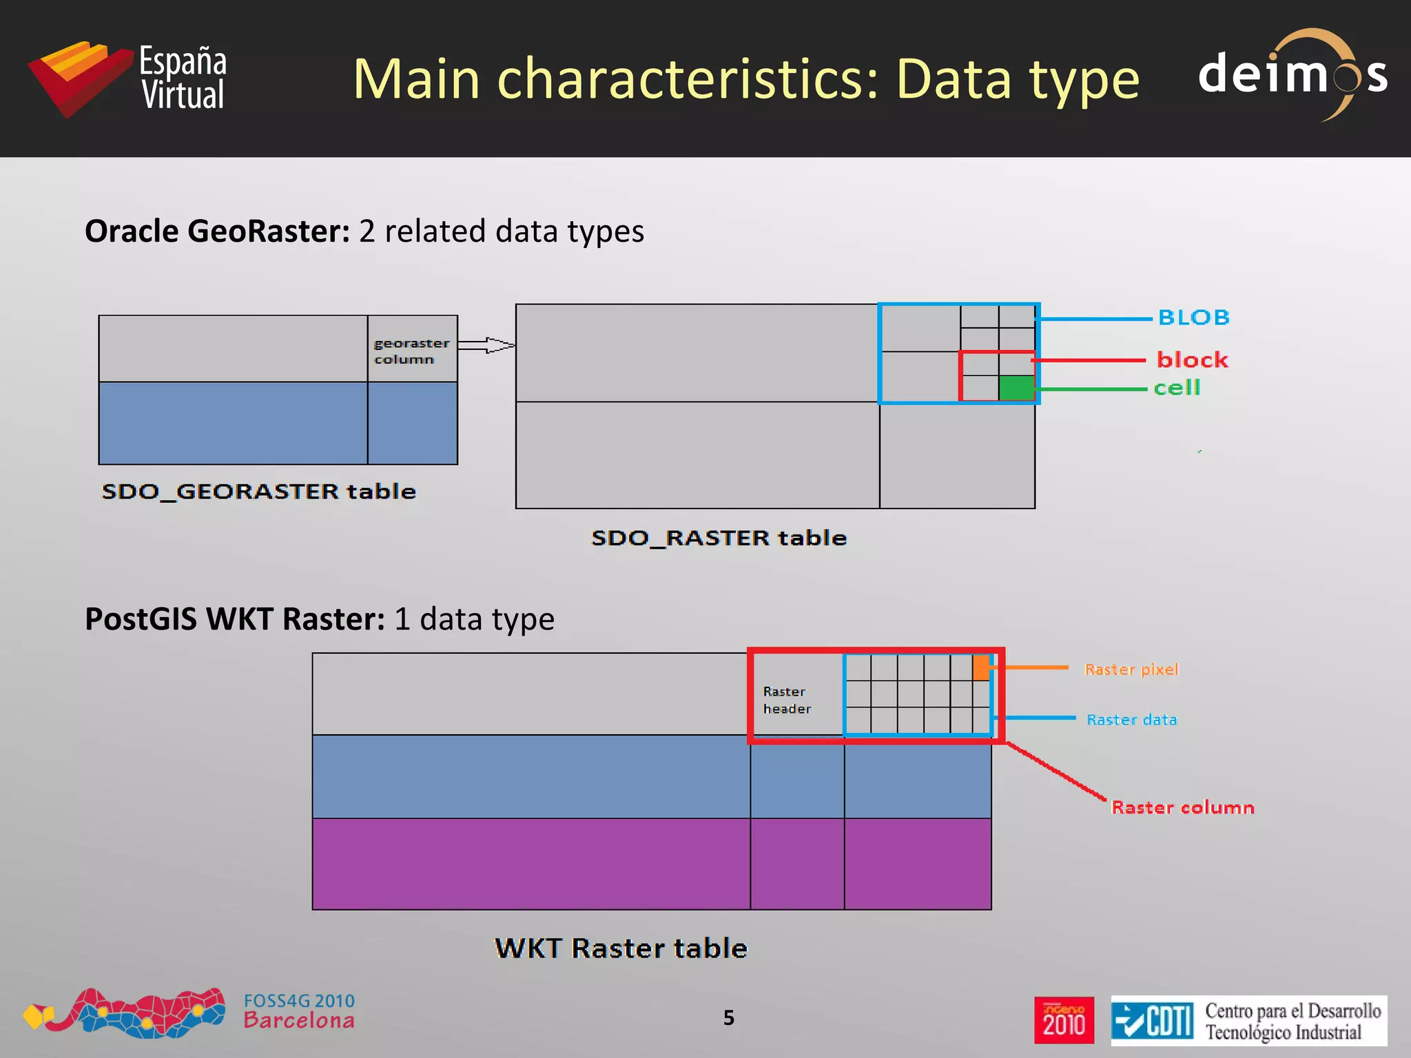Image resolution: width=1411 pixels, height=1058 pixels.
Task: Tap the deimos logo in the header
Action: tap(1292, 74)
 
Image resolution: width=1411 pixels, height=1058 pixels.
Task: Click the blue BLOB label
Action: tap(1193, 318)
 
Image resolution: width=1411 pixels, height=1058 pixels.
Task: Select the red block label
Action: tap(1192, 360)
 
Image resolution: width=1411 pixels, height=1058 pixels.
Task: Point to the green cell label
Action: tap(1177, 388)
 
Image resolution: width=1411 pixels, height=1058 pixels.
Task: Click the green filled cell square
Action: tap(1016, 388)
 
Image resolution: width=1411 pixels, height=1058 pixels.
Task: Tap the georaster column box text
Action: tap(411, 351)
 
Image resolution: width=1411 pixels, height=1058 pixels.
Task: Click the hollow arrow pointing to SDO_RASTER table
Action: tap(486, 345)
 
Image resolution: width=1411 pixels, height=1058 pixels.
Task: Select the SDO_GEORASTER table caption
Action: tap(259, 491)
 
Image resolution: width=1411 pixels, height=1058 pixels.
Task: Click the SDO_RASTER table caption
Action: tap(719, 537)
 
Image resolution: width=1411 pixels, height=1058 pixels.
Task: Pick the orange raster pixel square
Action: tap(981, 667)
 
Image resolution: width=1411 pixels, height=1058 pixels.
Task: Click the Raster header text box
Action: tap(787, 700)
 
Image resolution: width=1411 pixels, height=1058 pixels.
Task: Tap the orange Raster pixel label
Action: tap(1131, 670)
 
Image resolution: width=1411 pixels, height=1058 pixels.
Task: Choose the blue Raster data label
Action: tap(1131, 720)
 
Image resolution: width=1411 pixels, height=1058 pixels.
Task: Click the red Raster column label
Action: tap(1182, 807)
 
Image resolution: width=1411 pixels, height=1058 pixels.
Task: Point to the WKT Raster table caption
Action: tap(621, 948)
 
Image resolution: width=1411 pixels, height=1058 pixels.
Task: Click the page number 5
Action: tap(729, 1017)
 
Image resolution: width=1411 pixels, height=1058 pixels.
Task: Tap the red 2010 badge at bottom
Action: tap(1064, 1020)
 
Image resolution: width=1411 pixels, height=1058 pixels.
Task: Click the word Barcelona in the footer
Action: tap(299, 1021)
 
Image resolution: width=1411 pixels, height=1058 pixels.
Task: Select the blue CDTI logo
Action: tap(1153, 1020)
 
